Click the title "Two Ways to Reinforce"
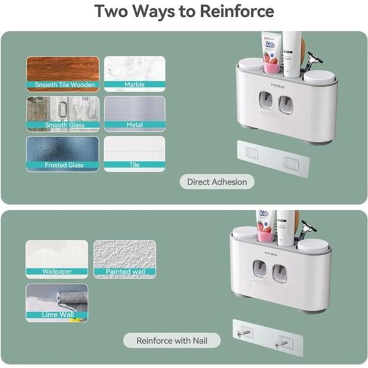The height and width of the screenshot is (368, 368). pyautogui.click(x=184, y=11)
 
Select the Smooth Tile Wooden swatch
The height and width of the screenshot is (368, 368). pyautogui.click(x=63, y=74)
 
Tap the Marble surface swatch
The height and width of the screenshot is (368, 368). pyautogui.click(x=135, y=74)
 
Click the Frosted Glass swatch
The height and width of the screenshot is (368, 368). pyautogui.click(x=63, y=154)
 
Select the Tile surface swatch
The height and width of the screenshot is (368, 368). pyautogui.click(x=135, y=154)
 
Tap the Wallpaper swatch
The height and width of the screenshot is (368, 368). pyautogui.click(x=56, y=258)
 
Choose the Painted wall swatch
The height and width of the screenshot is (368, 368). pyautogui.click(x=125, y=258)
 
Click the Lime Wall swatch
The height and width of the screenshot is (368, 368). pyautogui.click(x=56, y=302)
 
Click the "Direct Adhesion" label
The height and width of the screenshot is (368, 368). pyautogui.click(x=216, y=182)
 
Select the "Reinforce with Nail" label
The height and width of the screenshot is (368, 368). pyautogui.click(x=171, y=341)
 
